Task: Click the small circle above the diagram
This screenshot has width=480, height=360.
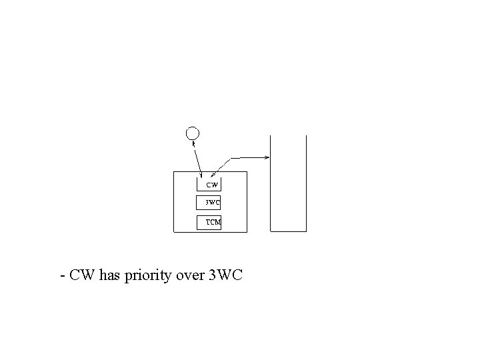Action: point(192,132)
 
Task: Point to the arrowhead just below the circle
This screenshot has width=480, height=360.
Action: point(194,141)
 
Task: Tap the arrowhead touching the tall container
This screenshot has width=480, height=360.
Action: point(267,157)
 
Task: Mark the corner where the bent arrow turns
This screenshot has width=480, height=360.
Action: point(231,158)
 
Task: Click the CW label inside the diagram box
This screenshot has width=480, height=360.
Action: point(211,184)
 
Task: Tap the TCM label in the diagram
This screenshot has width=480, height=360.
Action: point(213,222)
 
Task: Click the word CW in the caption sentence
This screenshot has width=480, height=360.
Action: point(82,275)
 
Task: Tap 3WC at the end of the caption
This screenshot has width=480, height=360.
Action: point(226,275)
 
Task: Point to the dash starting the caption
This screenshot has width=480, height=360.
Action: point(62,275)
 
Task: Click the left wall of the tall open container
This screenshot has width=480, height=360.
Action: point(270,183)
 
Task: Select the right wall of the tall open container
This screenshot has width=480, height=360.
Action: point(306,183)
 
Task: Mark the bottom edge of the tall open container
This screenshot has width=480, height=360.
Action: point(288,231)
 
